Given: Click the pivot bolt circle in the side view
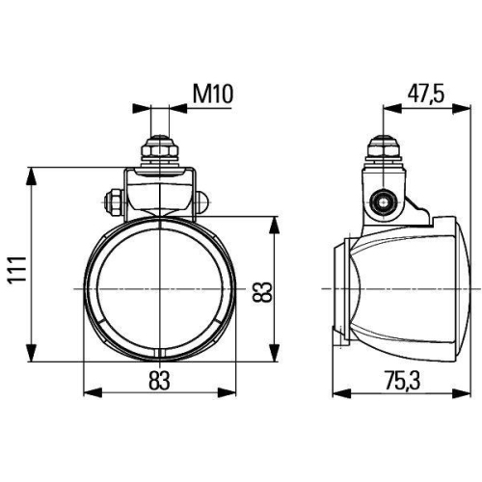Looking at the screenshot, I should coord(384,202).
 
